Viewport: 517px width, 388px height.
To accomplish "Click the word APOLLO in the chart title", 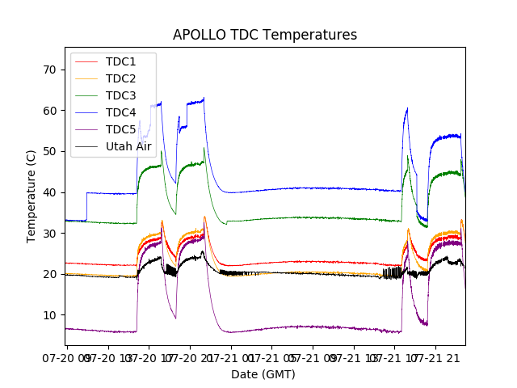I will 196,35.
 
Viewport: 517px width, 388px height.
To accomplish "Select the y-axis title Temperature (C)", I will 31,196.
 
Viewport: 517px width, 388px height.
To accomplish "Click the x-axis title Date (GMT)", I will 263,374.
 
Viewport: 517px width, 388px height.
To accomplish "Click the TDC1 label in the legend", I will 121,61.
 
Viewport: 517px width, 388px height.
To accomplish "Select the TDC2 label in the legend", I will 121,78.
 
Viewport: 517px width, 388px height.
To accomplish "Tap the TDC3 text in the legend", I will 121,95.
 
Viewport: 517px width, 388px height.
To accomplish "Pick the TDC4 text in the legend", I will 121,112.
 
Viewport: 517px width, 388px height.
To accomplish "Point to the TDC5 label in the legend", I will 121,129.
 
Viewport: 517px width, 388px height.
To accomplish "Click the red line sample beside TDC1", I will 87,61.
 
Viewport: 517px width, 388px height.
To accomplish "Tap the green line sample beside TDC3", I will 87,95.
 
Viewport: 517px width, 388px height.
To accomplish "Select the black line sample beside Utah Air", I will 87,146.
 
